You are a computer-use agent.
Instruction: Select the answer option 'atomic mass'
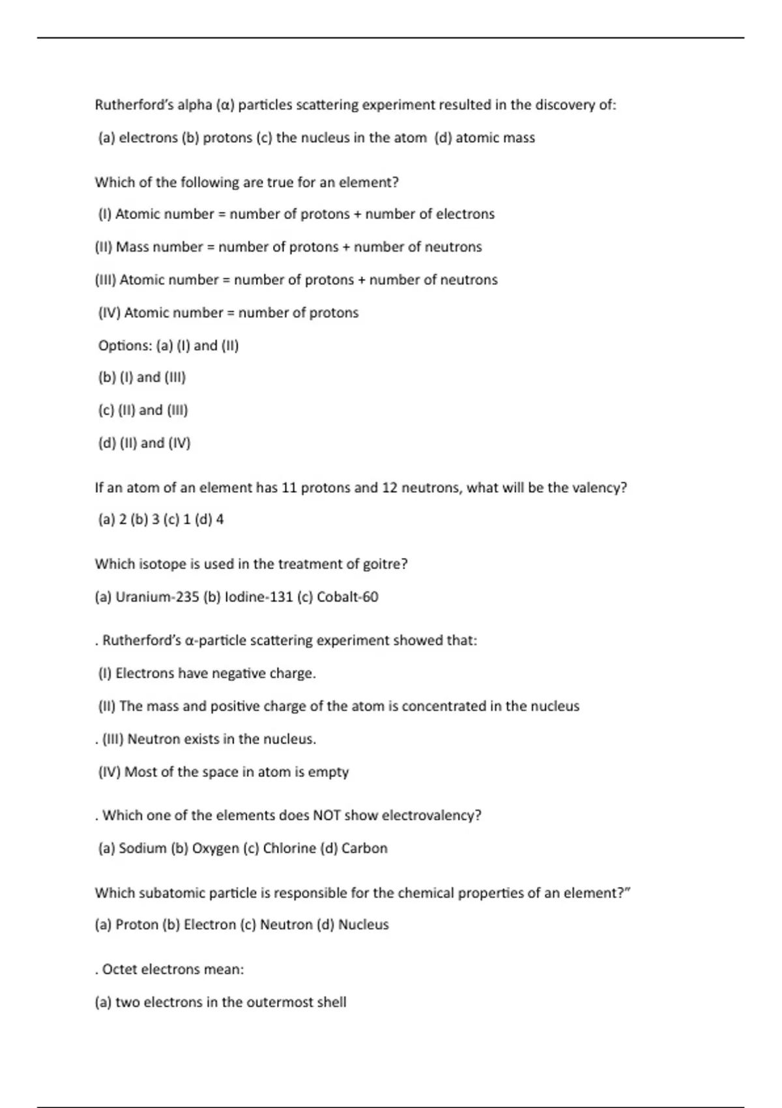(495, 138)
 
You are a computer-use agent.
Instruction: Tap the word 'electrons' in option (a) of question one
(148, 138)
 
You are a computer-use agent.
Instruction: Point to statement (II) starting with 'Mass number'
(288, 247)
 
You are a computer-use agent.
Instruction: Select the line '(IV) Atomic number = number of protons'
(228, 313)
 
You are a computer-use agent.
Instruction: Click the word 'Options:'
(125, 345)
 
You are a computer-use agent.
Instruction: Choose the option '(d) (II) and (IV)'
(144, 443)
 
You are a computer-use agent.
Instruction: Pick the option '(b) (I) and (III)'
(142, 377)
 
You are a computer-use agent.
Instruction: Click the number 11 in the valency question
(289, 488)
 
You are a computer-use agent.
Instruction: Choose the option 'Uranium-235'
(156, 597)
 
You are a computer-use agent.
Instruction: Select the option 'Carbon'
(364, 849)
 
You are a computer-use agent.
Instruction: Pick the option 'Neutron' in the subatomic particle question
(286, 925)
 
